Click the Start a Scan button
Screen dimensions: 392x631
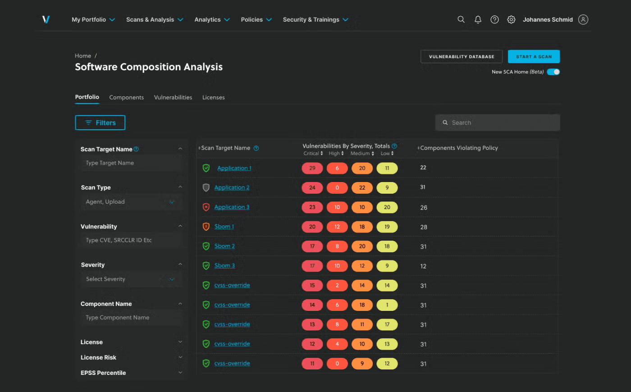click(534, 57)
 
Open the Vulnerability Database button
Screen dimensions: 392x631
click(461, 57)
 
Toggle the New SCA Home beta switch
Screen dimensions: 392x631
click(553, 72)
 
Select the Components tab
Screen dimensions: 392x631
click(126, 97)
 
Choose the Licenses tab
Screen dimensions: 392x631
click(213, 97)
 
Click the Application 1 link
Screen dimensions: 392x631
click(234, 168)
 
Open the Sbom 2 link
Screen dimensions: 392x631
click(224, 246)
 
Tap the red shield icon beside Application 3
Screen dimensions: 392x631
click(206, 207)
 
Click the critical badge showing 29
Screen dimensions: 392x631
click(312, 168)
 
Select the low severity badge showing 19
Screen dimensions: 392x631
click(387, 227)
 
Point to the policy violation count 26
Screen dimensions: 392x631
click(424, 208)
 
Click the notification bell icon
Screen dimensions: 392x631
click(478, 19)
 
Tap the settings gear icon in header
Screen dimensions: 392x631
click(511, 19)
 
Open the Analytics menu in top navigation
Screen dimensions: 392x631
click(212, 20)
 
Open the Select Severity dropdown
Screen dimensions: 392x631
click(131, 279)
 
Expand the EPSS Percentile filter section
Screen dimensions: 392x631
click(131, 373)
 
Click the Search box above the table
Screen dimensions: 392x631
click(498, 123)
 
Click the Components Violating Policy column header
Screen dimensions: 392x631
click(459, 148)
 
